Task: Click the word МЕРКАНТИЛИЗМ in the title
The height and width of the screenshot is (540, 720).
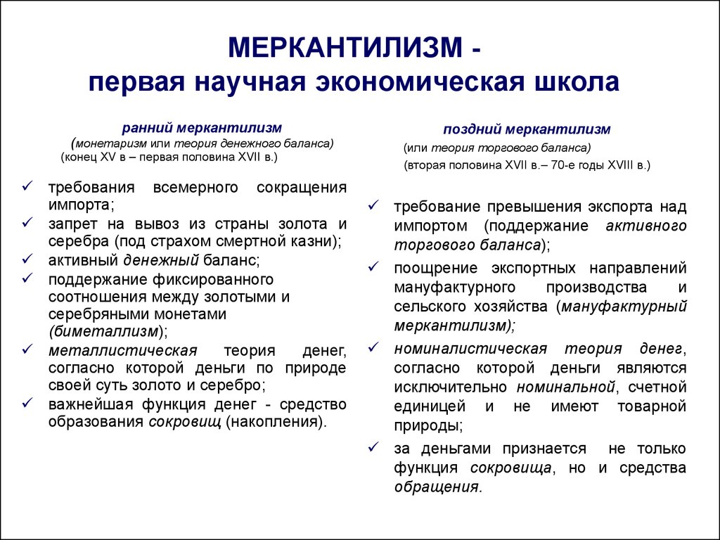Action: point(346,47)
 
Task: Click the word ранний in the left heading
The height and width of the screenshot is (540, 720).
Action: point(146,128)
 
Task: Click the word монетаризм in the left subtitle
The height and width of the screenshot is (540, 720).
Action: point(111,143)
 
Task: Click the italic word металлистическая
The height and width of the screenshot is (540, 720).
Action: point(122,351)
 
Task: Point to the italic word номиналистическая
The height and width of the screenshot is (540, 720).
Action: point(470,349)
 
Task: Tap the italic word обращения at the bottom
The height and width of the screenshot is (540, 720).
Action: point(437,487)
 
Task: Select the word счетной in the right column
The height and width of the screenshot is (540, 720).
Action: point(657,387)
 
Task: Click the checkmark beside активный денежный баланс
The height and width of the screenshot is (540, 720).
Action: point(27,259)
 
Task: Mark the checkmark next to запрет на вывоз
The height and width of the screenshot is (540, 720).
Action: point(27,222)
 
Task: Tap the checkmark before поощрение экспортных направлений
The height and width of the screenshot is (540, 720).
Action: point(374,266)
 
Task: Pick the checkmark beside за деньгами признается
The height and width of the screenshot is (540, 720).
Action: point(374,446)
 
